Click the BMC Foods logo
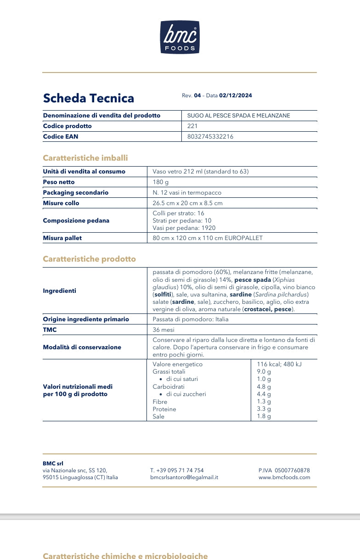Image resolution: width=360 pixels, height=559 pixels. click(x=180, y=37)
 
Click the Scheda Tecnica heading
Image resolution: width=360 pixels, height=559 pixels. click(x=89, y=98)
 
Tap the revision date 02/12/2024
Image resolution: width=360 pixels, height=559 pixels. click(x=236, y=95)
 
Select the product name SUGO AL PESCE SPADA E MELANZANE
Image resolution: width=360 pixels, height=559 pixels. click(x=239, y=116)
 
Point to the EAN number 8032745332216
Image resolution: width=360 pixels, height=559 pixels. click(x=210, y=136)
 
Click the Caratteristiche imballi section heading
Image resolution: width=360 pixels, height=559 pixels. click(x=85, y=158)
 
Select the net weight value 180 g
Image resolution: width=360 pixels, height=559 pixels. click(x=161, y=182)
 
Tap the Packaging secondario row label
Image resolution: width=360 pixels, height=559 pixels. click(x=76, y=193)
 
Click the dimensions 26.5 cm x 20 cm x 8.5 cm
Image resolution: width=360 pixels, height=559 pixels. click(x=187, y=203)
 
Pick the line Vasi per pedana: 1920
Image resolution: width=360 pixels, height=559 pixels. click(x=184, y=228)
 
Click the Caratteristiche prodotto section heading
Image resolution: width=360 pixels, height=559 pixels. click(x=90, y=259)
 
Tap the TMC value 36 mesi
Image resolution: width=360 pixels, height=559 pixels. click(x=163, y=330)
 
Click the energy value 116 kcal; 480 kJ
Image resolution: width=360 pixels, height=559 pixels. click(x=279, y=364)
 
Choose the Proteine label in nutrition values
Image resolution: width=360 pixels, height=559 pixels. click(x=164, y=409)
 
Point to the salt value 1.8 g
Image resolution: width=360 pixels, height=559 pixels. click(x=264, y=416)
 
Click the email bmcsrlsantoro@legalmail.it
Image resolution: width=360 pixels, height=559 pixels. click(x=184, y=477)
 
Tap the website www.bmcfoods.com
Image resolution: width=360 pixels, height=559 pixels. click(x=284, y=477)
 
